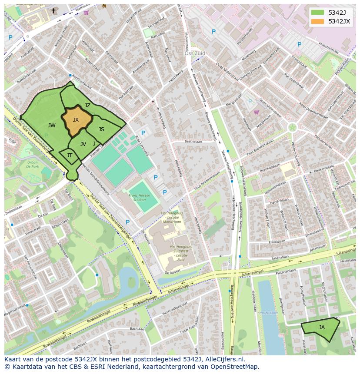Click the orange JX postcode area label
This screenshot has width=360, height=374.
click(x=76, y=120)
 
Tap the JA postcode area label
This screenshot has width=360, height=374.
click(x=322, y=327)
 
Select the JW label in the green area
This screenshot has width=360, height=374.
click(x=52, y=126)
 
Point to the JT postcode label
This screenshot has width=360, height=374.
click(x=70, y=155)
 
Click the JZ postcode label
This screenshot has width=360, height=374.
click(x=87, y=106)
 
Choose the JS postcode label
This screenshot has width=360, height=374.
click(x=101, y=129)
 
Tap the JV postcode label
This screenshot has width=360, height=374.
click(x=83, y=144)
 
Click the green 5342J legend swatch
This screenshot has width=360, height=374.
click(x=317, y=13)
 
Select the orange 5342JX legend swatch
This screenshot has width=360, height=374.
click(x=317, y=21)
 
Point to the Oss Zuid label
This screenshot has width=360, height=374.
click(x=194, y=53)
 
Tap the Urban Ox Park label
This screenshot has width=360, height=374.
click(x=32, y=164)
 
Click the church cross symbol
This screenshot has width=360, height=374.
click(x=53, y=10)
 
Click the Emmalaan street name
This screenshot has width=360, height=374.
click(x=277, y=242)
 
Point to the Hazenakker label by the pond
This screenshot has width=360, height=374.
click(x=269, y=312)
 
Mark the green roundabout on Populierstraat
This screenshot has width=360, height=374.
click(x=292, y=127)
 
